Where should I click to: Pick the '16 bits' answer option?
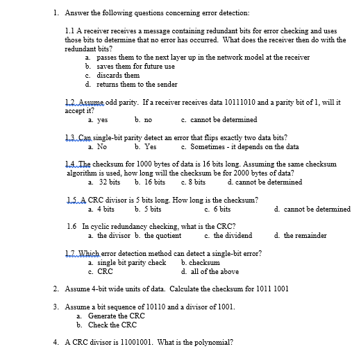[x=155, y=182]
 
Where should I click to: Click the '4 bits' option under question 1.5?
[x=106, y=209]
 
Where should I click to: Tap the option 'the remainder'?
[x=305, y=236]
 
